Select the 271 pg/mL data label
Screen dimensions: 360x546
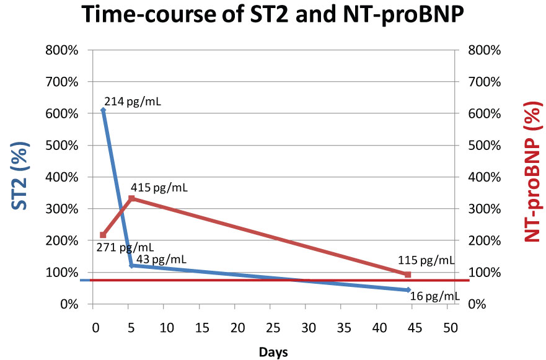126,248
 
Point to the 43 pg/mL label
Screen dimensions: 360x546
161,260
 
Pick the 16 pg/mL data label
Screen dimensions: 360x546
435,297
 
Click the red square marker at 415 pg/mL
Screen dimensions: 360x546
131,198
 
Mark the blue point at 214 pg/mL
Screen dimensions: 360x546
103,110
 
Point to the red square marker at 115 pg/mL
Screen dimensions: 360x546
407,274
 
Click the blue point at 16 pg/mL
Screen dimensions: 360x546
408,289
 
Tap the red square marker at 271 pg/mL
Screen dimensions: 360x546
103,235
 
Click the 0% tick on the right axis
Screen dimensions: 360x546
480,304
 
